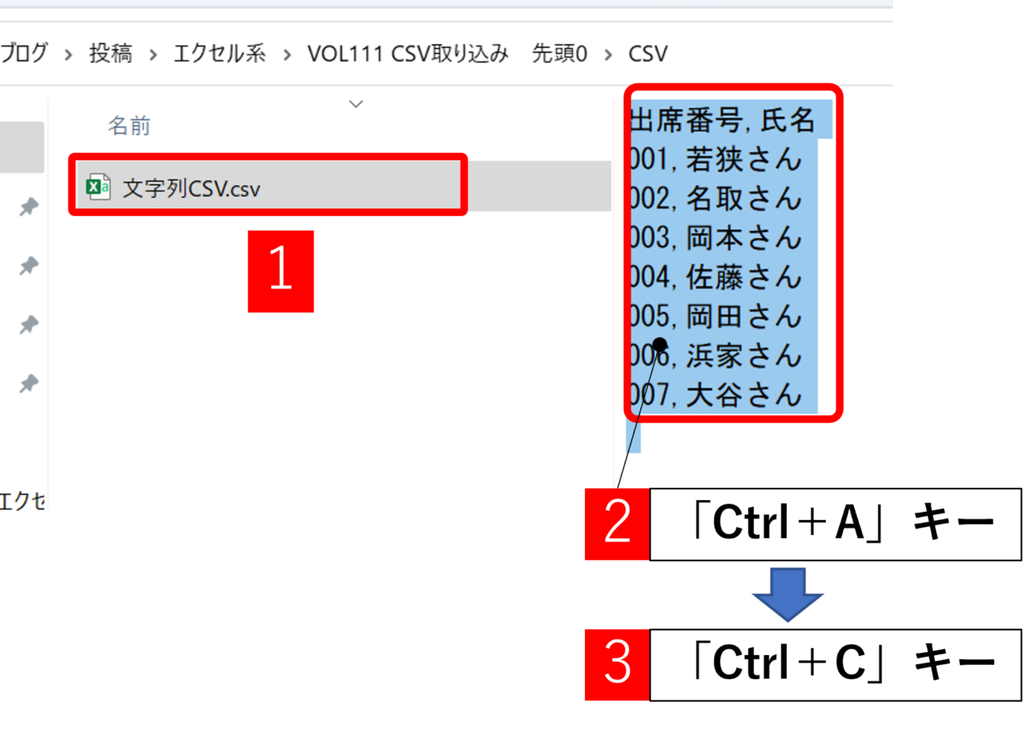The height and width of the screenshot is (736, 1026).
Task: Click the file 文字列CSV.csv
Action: (x=191, y=188)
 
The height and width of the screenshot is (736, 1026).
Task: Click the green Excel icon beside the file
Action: (x=98, y=187)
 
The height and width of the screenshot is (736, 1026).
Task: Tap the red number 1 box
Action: (x=280, y=271)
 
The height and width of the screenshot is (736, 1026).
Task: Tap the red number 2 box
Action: (x=617, y=523)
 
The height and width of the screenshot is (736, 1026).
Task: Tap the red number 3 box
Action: (x=617, y=664)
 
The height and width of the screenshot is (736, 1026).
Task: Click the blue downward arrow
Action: (x=788, y=595)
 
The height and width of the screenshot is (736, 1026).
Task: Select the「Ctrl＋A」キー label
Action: (x=836, y=523)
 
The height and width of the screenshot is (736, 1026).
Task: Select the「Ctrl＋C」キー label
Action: (x=836, y=664)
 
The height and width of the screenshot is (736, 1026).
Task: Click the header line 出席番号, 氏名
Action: (x=722, y=119)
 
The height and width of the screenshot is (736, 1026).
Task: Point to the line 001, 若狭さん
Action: (x=716, y=160)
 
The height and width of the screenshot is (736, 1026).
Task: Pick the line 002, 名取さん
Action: (x=716, y=198)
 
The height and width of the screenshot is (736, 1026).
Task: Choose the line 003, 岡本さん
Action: (x=716, y=238)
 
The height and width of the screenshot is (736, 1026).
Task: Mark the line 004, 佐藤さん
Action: (x=716, y=277)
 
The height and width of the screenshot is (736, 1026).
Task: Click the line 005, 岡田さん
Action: (x=716, y=316)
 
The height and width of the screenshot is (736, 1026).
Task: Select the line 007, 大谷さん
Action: (x=716, y=394)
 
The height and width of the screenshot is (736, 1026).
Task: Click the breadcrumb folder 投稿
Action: (x=111, y=54)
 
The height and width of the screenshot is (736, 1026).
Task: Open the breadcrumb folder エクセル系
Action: (x=219, y=54)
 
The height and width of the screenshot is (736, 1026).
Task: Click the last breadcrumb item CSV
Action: (x=648, y=54)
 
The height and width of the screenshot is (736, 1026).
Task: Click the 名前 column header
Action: (x=129, y=126)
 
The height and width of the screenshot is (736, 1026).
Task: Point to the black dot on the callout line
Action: (x=659, y=345)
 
